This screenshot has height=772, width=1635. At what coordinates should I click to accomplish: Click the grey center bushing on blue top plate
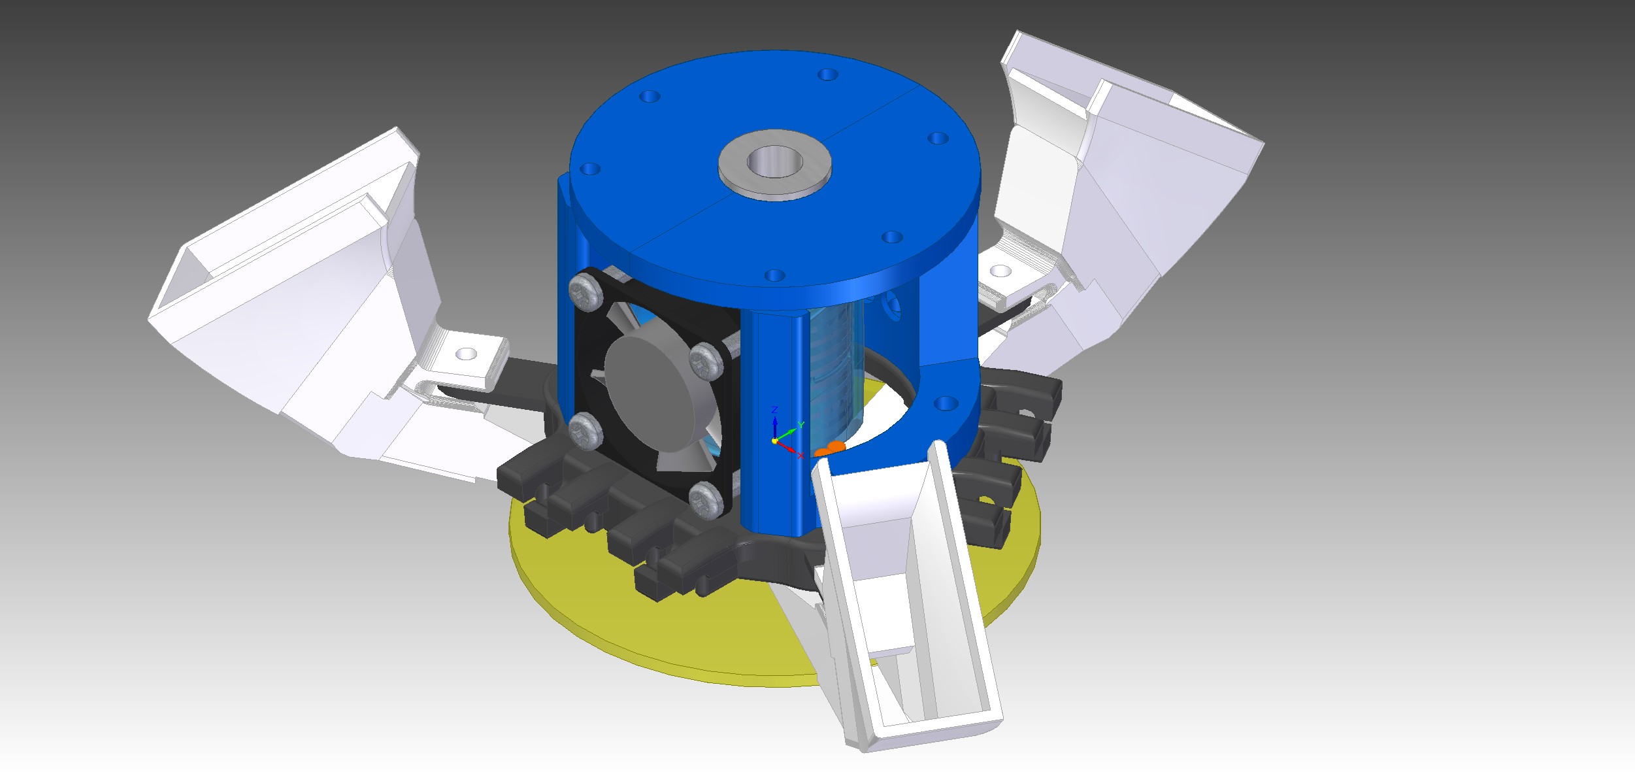(x=774, y=163)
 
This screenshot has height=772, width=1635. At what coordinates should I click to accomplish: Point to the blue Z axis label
(x=774, y=410)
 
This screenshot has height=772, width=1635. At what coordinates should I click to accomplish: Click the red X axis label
(x=801, y=456)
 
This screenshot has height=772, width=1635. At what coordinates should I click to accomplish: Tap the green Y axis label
(x=801, y=426)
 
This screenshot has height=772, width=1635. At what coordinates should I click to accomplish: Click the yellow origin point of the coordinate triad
(x=775, y=441)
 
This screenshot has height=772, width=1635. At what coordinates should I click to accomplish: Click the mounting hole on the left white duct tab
(x=466, y=354)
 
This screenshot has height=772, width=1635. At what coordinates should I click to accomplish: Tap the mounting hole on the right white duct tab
(x=1000, y=271)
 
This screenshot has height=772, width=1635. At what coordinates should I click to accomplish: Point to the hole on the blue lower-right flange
(x=944, y=403)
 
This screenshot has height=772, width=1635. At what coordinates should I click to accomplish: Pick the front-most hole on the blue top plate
(x=774, y=275)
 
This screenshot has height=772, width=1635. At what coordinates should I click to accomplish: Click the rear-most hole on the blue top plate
(x=828, y=75)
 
